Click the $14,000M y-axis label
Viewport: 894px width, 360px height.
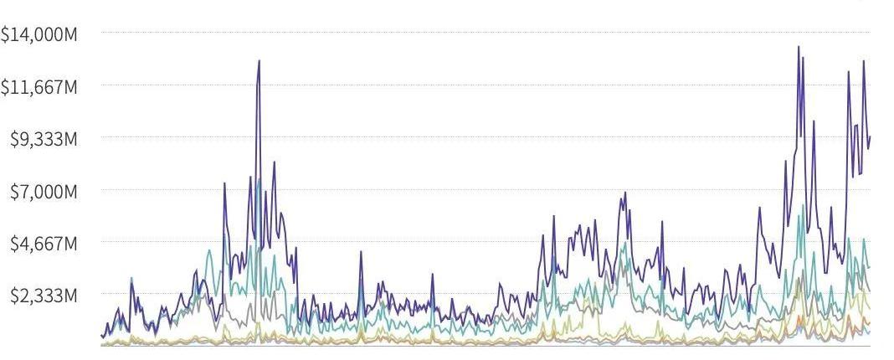pyautogui.click(x=39, y=34)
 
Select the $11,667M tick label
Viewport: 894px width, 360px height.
pyautogui.click(x=39, y=86)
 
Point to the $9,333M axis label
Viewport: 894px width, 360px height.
pyautogui.click(x=44, y=139)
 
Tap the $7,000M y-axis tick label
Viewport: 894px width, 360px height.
pyautogui.click(x=44, y=192)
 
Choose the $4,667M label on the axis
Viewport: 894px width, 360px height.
pyautogui.click(x=44, y=244)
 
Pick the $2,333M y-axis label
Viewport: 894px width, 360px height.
pyautogui.click(x=44, y=296)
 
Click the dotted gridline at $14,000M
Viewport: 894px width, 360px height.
pyautogui.click(x=486, y=33)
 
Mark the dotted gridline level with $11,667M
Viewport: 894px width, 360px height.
pyautogui.click(x=486, y=85)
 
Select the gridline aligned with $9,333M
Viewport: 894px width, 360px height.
pyautogui.click(x=486, y=137)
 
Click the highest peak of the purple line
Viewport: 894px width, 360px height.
pyautogui.click(x=799, y=47)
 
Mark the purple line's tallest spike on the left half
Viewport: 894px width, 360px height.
pyautogui.click(x=259, y=61)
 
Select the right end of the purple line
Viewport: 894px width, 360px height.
pyautogui.click(x=870, y=136)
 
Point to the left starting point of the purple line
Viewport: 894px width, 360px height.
pyautogui.click(x=101, y=336)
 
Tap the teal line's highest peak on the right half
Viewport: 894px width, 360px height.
pyautogui.click(x=804, y=205)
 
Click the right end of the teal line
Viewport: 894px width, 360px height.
pyautogui.click(x=870, y=267)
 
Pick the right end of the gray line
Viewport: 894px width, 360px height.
pyautogui.click(x=870, y=291)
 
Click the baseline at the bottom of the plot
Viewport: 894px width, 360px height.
pyautogui.click(x=486, y=345)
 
